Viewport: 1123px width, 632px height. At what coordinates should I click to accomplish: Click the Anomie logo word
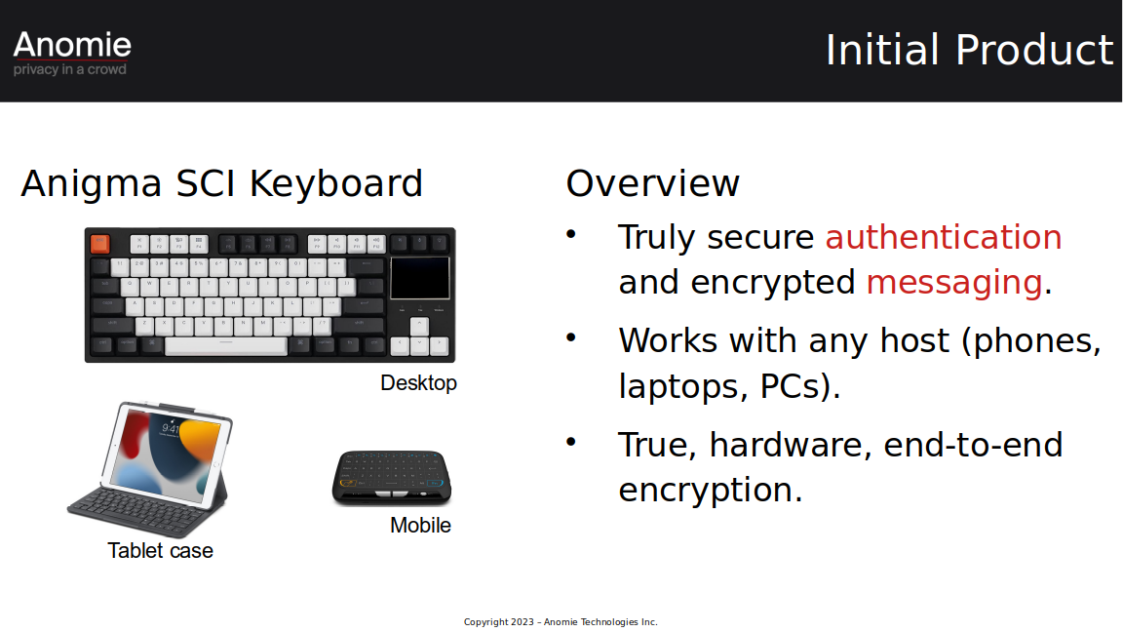(72, 45)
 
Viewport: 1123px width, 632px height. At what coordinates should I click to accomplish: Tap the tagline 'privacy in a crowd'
(69, 69)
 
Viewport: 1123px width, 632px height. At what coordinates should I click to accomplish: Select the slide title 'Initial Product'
(970, 50)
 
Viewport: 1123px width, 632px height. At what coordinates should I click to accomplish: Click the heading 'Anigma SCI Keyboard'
(222, 183)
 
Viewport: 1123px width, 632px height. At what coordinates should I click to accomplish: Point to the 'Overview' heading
(652, 183)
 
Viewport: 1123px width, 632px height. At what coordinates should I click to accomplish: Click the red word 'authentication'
(944, 236)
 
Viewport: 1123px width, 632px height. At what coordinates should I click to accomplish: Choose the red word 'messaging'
(954, 282)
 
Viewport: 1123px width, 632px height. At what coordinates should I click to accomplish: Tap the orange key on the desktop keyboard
(100, 244)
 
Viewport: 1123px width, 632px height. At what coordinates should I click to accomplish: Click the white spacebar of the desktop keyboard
(225, 346)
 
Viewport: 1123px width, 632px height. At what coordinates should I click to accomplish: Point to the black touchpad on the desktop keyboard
(420, 277)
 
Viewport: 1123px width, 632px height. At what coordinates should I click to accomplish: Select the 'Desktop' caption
(418, 382)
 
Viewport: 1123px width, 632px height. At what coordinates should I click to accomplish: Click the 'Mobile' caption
(420, 526)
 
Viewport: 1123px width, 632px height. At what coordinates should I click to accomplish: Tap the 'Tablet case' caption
(161, 550)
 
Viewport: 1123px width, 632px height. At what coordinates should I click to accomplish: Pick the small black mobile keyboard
(392, 477)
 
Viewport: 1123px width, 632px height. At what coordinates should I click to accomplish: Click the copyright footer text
(561, 622)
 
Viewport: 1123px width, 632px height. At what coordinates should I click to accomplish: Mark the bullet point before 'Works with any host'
(571, 337)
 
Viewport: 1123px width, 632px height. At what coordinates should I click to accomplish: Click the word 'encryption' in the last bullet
(710, 491)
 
